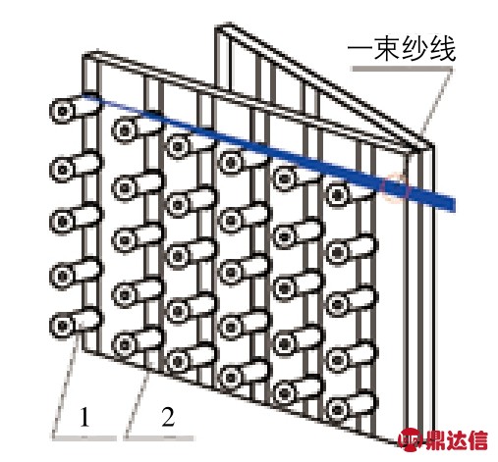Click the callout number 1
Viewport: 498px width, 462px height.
click(x=84, y=417)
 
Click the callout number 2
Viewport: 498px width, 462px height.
click(x=168, y=417)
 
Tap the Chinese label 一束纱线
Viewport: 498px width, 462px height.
click(x=402, y=49)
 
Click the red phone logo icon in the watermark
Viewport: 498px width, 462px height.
click(x=411, y=439)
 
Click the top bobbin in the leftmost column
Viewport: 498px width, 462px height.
click(x=76, y=109)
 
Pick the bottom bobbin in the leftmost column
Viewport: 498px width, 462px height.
click(x=76, y=324)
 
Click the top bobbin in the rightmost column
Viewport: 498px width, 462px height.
click(x=351, y=193)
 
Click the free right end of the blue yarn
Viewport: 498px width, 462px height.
click(x=455, y=204)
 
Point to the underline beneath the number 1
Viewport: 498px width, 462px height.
click(x=84, y=437)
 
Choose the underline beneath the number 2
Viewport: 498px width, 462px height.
click(x=159, y=437)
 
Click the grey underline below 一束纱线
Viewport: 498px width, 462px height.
click(x=402, y=69)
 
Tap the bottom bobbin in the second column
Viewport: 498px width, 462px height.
click(x=138, y=343)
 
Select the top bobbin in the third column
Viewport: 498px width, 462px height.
click(x=190, y=145)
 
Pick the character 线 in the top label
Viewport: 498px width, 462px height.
click(x=442, y=49)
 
